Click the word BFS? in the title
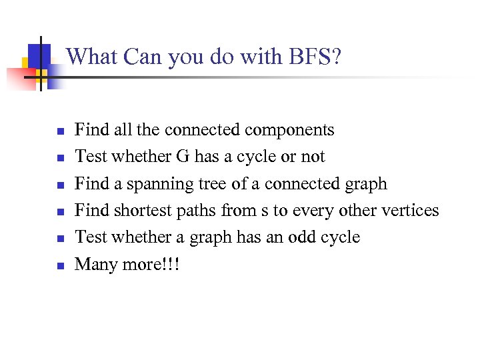315,57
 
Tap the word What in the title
87,57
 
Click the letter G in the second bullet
183,157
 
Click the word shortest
143,211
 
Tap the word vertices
408,211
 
